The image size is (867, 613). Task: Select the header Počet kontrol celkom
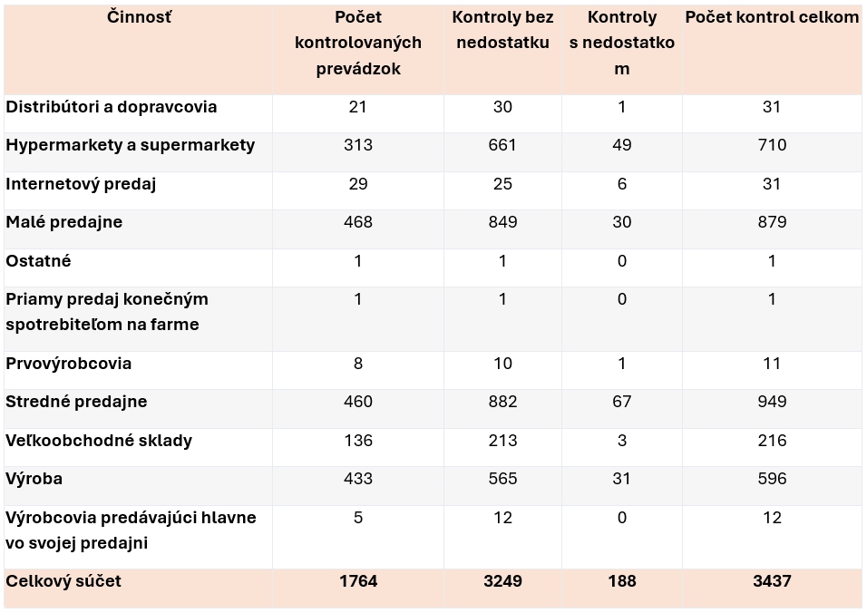(772, 17)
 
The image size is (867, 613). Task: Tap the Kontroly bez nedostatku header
(502, 30)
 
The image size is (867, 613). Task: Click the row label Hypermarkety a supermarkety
(131, 145)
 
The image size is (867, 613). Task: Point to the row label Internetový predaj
(82, 184)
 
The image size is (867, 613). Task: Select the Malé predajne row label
(64, 222)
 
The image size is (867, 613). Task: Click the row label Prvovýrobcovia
(69, 364)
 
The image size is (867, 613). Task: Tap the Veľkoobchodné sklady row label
(99, 441)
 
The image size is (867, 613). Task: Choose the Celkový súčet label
(63, 580)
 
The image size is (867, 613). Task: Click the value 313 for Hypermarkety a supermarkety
(358, 145)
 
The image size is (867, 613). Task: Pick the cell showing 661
(502, 145)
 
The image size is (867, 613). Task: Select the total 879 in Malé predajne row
(772, 222)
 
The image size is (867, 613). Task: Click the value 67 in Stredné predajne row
(621, 402)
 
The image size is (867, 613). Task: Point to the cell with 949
(772, 402)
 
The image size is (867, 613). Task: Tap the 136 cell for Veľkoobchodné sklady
(358, 441)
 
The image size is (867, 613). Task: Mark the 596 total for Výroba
(772, 479)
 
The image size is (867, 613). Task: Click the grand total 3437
(772, 580)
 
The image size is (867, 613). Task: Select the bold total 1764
(358, 580)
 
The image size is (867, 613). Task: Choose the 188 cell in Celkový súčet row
(621, 580)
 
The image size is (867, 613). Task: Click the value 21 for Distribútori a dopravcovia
(358, 107)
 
